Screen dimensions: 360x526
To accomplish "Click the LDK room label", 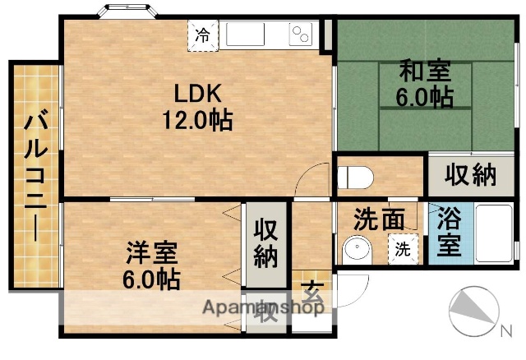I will (x=196, y=91).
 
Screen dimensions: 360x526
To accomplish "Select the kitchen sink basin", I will (x=245, y=35).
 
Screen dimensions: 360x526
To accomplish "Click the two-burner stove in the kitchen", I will (x=301, y=35).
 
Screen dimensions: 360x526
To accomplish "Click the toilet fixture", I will (x=357, y=176).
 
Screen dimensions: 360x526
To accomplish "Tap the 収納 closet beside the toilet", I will (x=472, y=174).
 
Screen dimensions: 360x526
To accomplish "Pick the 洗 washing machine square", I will (x=404, y=247).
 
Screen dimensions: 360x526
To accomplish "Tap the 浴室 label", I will (x=449, y=233).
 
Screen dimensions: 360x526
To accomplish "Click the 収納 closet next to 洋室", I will (x=265, y=243).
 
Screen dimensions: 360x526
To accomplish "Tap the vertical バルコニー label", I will (x=35, y=174).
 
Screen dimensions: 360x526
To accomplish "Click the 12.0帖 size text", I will (x=196, y=121).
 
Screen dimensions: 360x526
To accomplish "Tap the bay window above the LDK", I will (x=125, y=11).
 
